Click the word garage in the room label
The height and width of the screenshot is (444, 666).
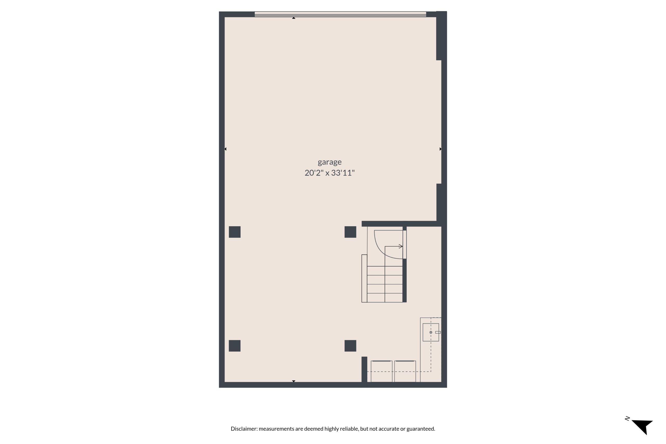coord(330,162)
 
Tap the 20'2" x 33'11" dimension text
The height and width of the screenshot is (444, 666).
coord(330,173)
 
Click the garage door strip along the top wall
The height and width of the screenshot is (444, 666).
coord(340,14)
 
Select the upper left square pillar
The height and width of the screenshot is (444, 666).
coord(234,232)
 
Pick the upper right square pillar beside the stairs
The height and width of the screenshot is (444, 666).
coord(350,232)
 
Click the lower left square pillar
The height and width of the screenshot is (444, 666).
coord(234,346)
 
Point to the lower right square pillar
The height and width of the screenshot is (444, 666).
coord(350,346)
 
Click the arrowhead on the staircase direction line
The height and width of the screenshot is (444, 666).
coord(401,246)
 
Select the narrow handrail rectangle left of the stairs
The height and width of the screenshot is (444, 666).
coord(364,278)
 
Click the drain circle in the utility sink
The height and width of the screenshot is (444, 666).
coord(431,332)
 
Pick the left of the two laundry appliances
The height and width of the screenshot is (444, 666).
coord(381,371)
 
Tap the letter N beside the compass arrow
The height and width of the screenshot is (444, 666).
coord(627,418)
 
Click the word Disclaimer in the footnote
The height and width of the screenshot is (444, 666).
coord(244,429)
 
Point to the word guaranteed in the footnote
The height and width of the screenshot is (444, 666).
coord(420,429)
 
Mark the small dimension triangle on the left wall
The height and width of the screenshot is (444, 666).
coord(225,149)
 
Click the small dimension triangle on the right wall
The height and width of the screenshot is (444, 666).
coord(440,149)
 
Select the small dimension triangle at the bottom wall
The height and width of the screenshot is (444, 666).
coord(294,381)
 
